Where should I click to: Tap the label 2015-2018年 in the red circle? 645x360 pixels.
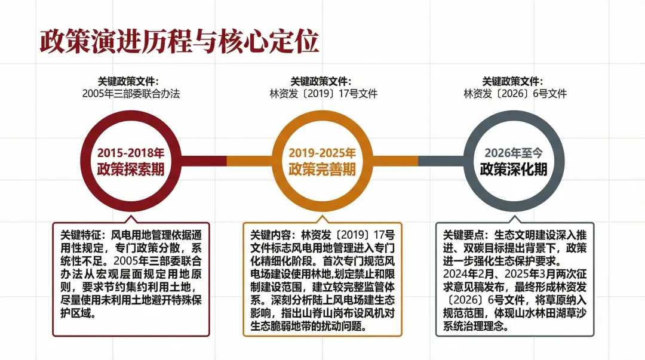coord(131,153)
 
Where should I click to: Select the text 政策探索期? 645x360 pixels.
coord(131,170)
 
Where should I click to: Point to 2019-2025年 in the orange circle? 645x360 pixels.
coord(322,153)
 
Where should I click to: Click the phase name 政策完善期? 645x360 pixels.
coord(322,170)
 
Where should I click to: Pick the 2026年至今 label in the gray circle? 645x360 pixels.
coord(514,153)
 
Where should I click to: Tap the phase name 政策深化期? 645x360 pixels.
coord(514,170)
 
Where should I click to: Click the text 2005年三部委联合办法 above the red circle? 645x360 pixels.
coord(131,94)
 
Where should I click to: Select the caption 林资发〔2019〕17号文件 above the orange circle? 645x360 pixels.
coord(323,94)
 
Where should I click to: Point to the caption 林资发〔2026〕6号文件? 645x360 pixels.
coord(515,94)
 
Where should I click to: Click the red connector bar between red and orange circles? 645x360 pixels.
coord(203,161)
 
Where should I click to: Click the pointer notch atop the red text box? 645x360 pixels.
coord(131,219)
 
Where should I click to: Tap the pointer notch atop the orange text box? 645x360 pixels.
coord(322,219)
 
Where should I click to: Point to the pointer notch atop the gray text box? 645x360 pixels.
coord(514,219)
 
